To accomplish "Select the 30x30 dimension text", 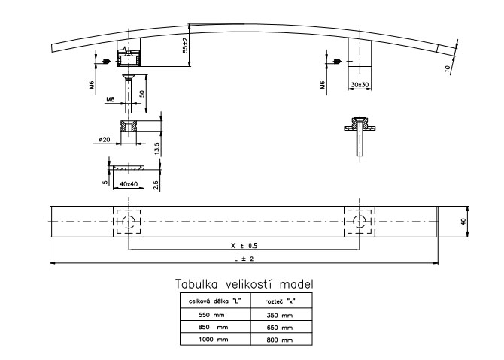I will [360, 86].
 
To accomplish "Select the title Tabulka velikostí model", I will [244, 284].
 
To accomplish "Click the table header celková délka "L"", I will [211, 301].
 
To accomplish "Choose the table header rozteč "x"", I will [280, 301].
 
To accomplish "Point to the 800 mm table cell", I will [279, 340].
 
